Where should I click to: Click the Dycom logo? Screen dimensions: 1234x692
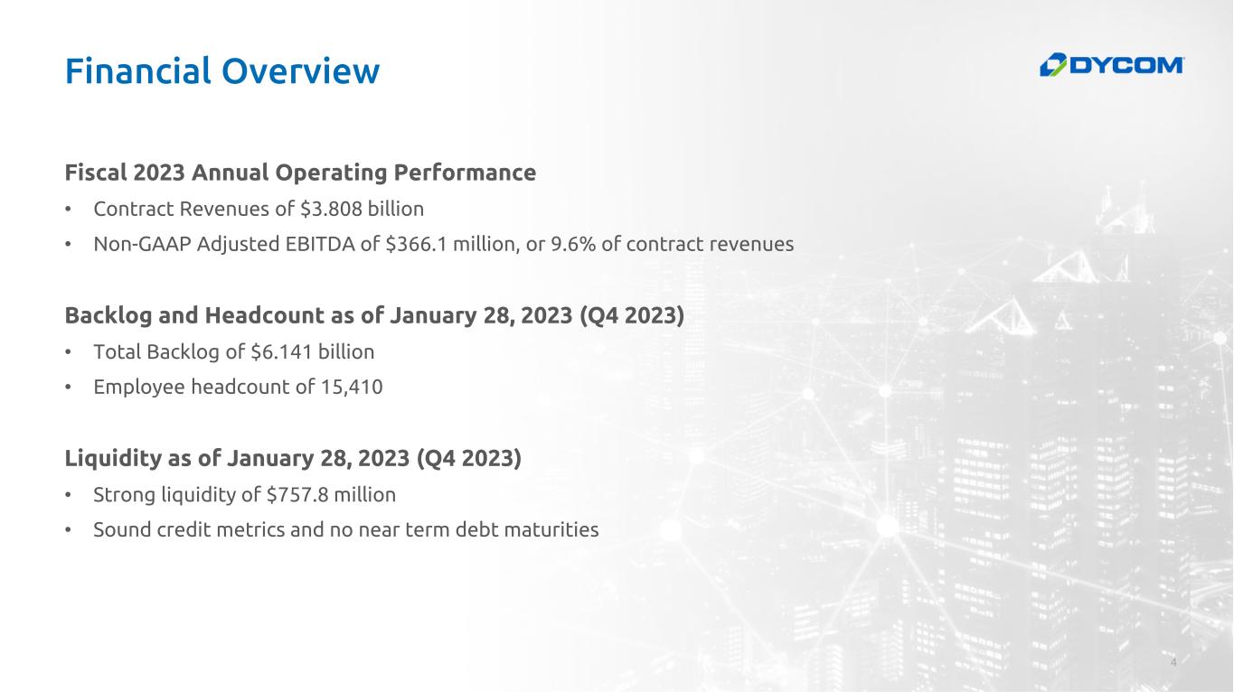pyautogui.click(x=1111, y=65)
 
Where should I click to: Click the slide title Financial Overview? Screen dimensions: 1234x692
pyautogui.click(x=222, y=71)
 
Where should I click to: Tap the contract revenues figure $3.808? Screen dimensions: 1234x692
pyautogui.click(x=331, y=210)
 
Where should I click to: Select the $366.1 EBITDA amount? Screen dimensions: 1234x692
pyautogui.click(x=417, y=244)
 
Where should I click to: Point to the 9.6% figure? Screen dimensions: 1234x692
pyautogui.click(x=573, y=244)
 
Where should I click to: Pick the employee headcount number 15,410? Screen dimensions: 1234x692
pyautogui.click(x=352, y=387)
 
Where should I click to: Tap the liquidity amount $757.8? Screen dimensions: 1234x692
pyautogui.click(x=297, y=495)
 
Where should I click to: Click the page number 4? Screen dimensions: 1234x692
pyautogui.click(x=1173, y=661)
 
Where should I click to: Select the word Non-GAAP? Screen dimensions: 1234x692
pyautogui.click(x=142, y=244)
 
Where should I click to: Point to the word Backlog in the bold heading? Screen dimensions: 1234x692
pyautogui.click(x=108, y=316)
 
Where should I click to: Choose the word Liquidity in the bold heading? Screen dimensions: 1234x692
pyautogui.click(x=113, y=459)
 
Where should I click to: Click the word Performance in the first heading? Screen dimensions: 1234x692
pyautogui.click(x=465, y=173)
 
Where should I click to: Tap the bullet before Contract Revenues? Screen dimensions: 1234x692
pyautogui.click(x=68, y=210)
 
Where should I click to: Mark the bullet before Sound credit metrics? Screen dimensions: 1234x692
pyautogui.click(x=68, y=529)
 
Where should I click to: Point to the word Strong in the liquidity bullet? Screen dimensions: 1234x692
pyautogui.click(x=125, y=495)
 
